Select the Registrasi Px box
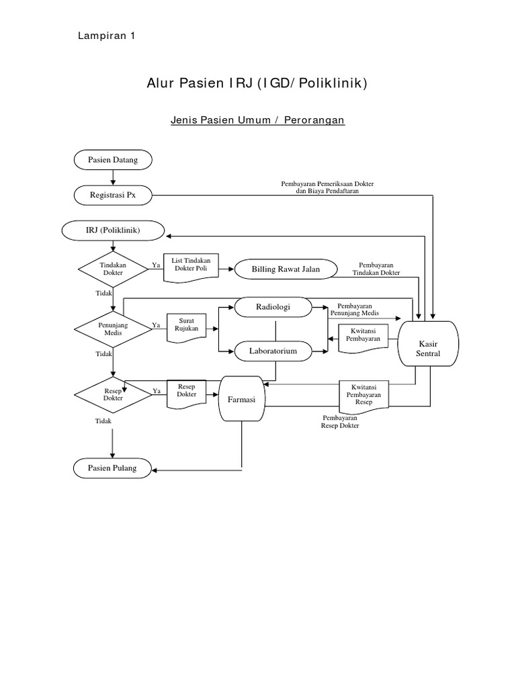point(113,196)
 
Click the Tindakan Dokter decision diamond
point(113,269)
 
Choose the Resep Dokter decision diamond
point(113,394)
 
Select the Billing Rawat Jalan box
point(286,269)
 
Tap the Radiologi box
point(273,307)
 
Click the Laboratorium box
point(273,351)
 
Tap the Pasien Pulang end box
point(113,468)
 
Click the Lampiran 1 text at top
point(107,37)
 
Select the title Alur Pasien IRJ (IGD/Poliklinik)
point(257,83)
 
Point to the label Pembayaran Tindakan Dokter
point(376,269)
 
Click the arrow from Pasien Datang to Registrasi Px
point(113,177)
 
